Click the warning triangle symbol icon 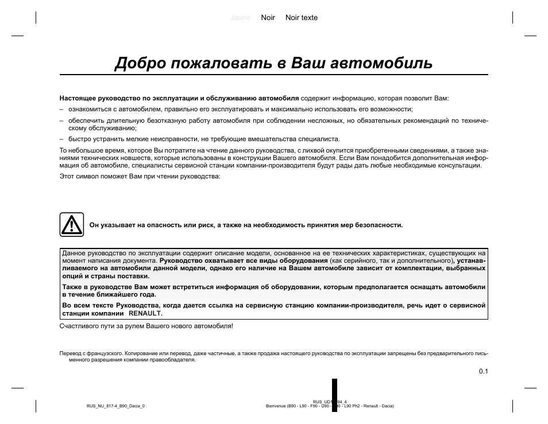(72, 225)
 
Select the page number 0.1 (483, 371)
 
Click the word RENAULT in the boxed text (145, 314)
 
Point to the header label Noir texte (301, 18)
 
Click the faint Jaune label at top (240, 18)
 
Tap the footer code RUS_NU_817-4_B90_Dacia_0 (115, 406)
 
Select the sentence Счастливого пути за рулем (146, 326)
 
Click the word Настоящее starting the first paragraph (76, 98)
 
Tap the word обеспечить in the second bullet (84, 121)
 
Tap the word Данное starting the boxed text (74, 253)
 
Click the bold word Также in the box (72, 287)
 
